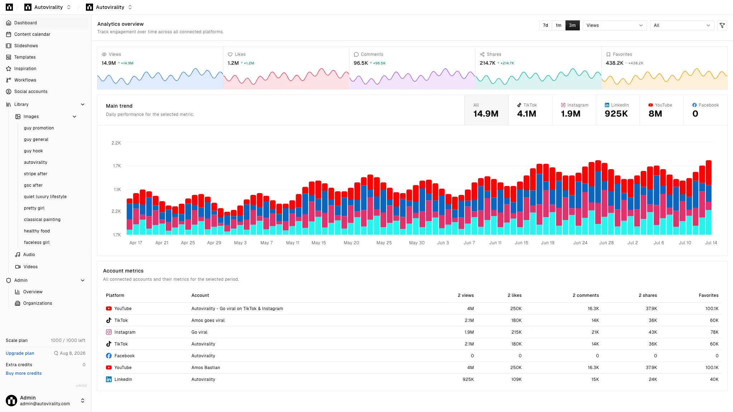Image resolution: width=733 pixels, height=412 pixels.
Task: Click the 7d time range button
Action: click(545, 25)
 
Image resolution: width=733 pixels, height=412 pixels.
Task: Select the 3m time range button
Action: click(572, 25)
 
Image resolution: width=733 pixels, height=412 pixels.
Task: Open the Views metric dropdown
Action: click(615, 25)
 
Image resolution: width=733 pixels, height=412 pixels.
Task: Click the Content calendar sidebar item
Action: click(32, 34)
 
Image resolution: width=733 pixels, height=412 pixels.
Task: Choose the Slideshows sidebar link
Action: click(26, 46)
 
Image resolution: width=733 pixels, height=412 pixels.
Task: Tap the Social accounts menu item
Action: click(31, 92)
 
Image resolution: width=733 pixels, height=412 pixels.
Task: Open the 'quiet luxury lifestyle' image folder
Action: click(45, 197)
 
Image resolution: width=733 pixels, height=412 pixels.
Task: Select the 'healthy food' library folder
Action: click(37, 231)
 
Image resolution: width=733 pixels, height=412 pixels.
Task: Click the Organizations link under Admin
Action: click(38, 303)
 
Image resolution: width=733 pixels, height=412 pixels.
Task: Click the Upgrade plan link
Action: click(20, 353)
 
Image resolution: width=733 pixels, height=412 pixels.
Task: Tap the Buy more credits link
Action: click(24, 373)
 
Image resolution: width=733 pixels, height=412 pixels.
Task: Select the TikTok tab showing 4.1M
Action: click(530, 110)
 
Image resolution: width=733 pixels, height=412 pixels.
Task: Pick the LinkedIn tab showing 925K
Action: click(618, 110)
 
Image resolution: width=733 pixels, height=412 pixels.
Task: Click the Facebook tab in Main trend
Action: click(705, 110)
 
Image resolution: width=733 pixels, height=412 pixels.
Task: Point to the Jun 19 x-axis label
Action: click(548, 243)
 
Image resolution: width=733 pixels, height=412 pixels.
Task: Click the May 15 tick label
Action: click(319, 243)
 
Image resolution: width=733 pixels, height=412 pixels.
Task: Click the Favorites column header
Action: click(709, 295)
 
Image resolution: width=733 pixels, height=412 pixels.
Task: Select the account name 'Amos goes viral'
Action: click(208, 320)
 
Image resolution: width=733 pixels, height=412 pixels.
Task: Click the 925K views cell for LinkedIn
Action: click(468, 379)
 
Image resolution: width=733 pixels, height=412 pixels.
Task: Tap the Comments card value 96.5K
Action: click(361, 63)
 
